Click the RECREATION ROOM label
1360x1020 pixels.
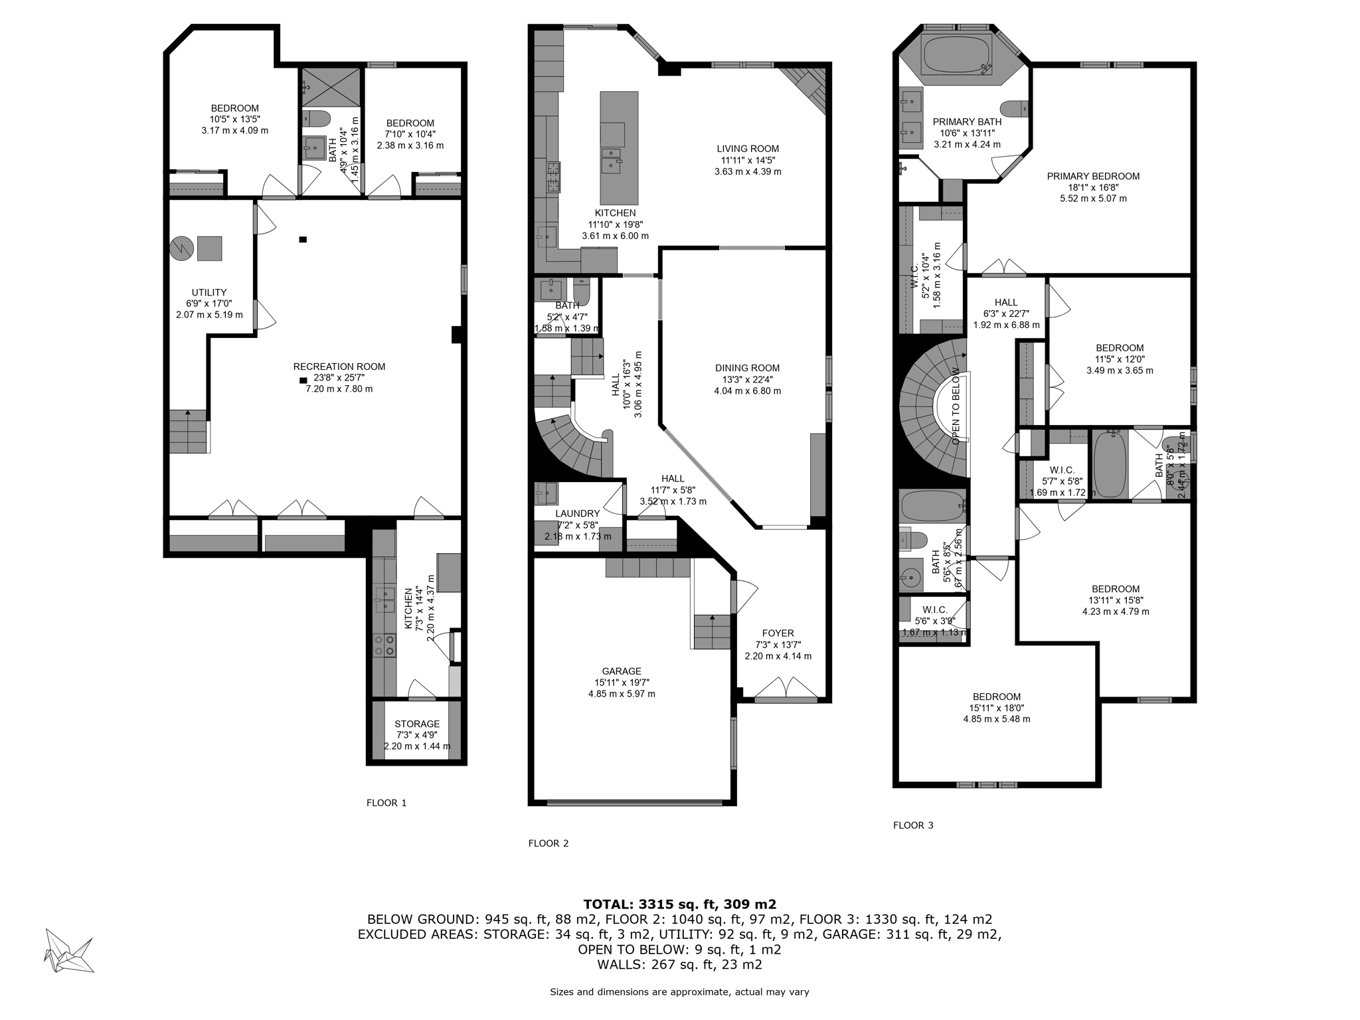339,367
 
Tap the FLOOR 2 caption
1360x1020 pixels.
548,843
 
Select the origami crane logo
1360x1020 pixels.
68,950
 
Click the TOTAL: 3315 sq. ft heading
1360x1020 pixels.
679,904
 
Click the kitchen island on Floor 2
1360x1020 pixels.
619,147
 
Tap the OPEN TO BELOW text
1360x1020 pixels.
956,406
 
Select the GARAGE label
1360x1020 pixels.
622,671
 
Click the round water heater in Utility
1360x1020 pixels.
181,248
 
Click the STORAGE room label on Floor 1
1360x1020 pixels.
417,724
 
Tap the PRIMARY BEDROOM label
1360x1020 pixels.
1093,176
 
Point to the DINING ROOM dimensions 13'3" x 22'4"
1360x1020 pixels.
747,380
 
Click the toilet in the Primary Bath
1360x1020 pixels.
1013,108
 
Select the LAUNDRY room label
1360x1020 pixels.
577,513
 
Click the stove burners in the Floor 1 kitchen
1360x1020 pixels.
384,645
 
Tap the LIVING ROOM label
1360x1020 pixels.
747,149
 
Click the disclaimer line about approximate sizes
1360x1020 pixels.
679,992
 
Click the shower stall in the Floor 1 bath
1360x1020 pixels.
331,86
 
